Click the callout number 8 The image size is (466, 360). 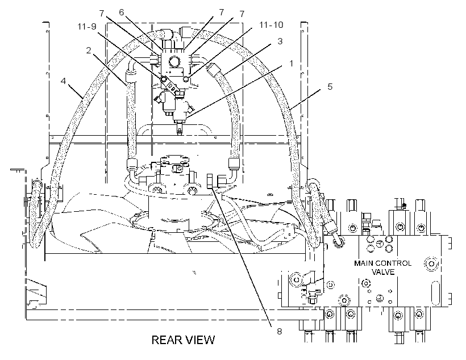tap(280, 331)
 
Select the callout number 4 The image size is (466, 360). tap(63, 81)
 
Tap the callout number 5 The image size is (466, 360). tap(330, 87)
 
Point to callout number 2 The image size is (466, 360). tap(88, 51)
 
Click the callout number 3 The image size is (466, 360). tap(280, 41)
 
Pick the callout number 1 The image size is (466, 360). tap(291, 63)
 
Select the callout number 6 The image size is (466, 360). tap(121, 12)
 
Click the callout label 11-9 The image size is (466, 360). tap(87, 27)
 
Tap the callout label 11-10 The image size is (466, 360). tap(271, 25)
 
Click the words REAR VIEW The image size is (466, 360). tap(183, 340)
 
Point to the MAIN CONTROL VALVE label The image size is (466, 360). tap(383, 267)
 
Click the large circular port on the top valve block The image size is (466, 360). tap(174, 62)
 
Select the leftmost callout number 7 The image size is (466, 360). tap(102, 14)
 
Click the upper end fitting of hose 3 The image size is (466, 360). tap(214, 69)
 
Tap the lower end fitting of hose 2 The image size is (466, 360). tap(132, 164)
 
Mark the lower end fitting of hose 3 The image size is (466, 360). tap(234, 164)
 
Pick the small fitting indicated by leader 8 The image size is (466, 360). tap(210, 181)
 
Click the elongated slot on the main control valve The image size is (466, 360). tap(435, 293)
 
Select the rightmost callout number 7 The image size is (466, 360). tap(242, 14)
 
